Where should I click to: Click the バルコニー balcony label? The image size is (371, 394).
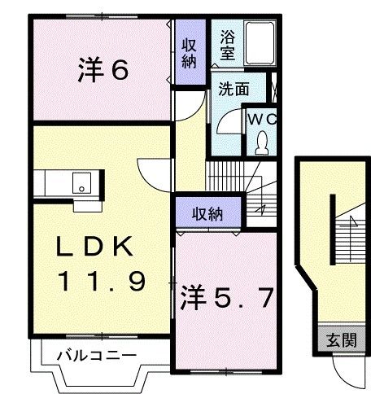(x=96, y=354)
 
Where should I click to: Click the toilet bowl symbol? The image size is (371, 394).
(x=261, y=143)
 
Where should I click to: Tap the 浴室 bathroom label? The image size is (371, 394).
(x=226, y=46)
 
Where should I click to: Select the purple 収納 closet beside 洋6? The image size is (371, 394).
(x=188, y=52)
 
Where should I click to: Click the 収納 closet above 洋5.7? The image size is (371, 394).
(x=208, y=214)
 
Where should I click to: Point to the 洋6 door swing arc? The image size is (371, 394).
(x=189, y=102)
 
